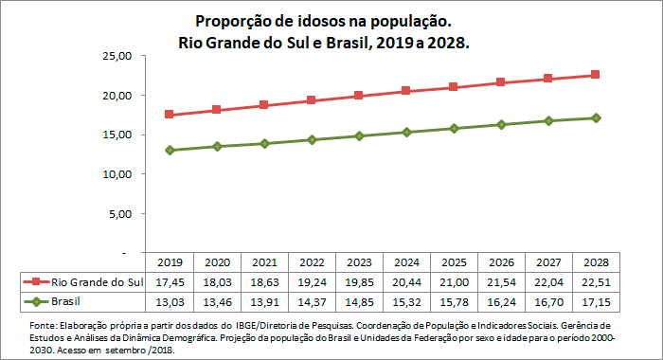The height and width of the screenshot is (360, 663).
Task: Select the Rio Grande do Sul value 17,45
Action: click(x=170, y=282)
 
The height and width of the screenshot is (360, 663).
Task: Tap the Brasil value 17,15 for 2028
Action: click(x=595, y=302)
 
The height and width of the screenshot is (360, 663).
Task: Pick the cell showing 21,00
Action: click(x=453, y=282)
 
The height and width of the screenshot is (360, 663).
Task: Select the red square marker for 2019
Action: click(x=170, y=115)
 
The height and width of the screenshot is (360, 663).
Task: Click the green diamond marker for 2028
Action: click(x=595, y=117)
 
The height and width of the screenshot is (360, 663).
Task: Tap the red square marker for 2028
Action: click(x=595, y=75)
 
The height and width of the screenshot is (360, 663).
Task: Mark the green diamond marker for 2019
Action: click(x=170, y=150)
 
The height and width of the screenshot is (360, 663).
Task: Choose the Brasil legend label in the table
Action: click(x=65, y=302)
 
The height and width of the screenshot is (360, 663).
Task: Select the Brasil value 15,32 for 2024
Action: click(x=406, y=302)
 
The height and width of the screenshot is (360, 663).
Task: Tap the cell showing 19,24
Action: click(x=312, y=282)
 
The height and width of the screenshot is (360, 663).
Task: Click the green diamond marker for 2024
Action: click(x=406, y=132)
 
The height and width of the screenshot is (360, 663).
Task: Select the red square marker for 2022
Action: click(x=312, y=100)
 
